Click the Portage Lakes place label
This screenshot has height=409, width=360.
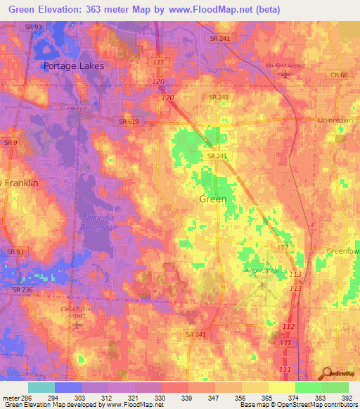(73, 66)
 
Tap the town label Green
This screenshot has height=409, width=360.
(213, 199)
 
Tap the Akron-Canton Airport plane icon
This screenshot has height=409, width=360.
(263, 285)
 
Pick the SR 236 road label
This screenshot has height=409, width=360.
(22, 289)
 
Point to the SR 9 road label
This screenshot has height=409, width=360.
(10, 143)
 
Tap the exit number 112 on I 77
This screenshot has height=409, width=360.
(286, 327)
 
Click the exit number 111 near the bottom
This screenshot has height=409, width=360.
(284, 369)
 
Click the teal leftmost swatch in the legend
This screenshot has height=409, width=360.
(41, 387)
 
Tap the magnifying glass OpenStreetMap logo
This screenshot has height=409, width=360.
(327, 372)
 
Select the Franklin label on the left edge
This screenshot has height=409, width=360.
(21, 182)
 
